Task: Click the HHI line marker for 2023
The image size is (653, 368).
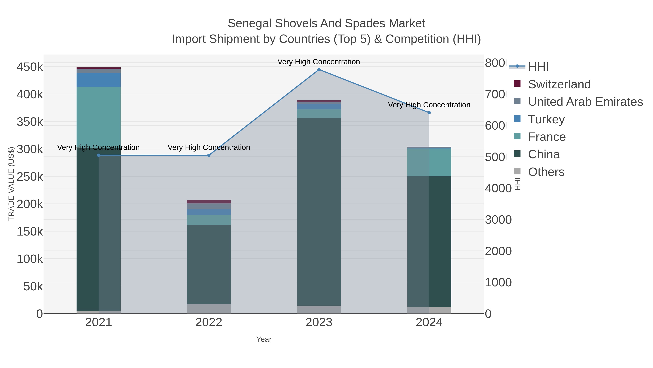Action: (x=319, y=70)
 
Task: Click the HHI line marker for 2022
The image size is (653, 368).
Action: (x=209, y=155)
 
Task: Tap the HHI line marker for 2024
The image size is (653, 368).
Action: (x=429, y=113)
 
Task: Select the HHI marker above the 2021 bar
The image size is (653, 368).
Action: (x=99, y=155)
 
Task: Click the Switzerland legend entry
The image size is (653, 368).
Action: (x=559, y=84)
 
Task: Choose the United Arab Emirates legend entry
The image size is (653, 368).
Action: (x=585, y=102)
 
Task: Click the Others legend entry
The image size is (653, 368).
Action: (x=546, y=172)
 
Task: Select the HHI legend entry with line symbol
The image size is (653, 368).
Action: (x=538, y=67)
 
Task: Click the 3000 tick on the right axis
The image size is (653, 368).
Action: (x=498, y=220)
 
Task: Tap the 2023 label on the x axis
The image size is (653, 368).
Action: (x=319, y=323)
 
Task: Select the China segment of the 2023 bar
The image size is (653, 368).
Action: (x=319, y=211)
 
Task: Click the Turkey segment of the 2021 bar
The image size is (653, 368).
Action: (x=99, y=80)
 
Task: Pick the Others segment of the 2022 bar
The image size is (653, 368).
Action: (x=209, y=309)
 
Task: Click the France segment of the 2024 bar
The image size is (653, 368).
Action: (x=429, y=162)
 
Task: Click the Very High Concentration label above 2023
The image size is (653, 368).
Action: (x=319, y=62)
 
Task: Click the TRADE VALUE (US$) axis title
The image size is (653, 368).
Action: (x=11, y=184)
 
